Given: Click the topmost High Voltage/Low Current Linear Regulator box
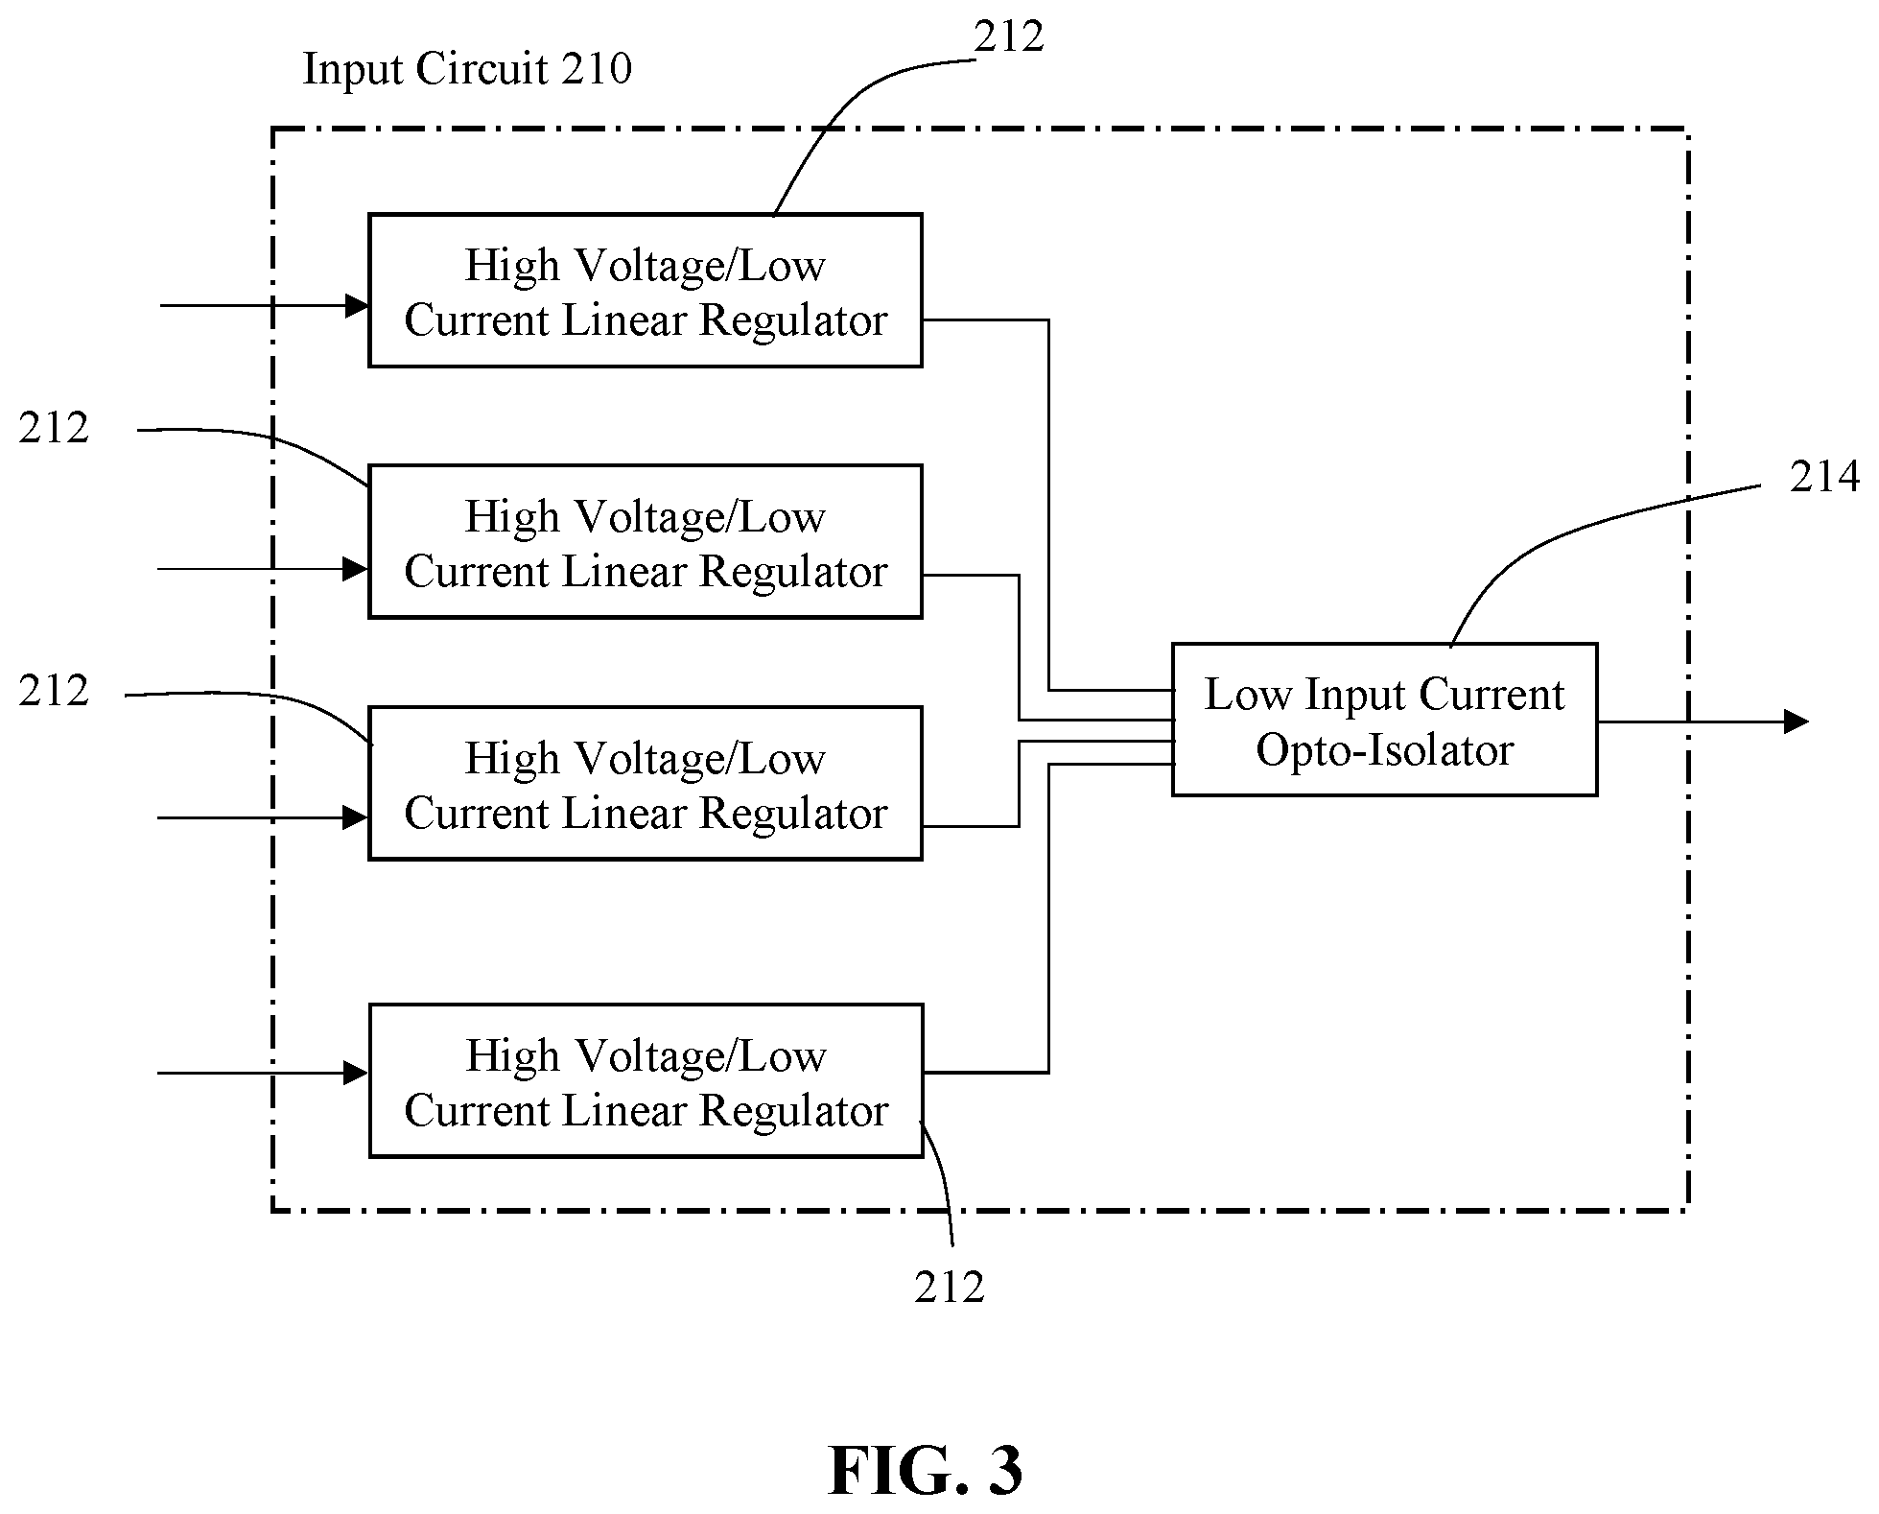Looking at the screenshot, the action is point(646,291).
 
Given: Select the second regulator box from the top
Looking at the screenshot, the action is point(646,542).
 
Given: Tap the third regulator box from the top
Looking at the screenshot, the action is point(646,784).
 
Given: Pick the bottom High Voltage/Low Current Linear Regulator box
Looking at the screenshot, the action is point(646,1081).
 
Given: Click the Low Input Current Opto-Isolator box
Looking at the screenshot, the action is point(1384,720).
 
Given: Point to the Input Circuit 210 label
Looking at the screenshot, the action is point(467,69).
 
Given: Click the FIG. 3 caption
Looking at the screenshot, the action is point(926,1471).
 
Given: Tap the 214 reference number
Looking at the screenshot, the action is point(1824,477).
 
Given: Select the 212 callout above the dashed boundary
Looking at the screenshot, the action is point(1009,36).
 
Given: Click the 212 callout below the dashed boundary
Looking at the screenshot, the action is point(950,1288).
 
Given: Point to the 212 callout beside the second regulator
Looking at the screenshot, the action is point(54,428).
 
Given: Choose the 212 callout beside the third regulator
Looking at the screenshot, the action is point(54,691).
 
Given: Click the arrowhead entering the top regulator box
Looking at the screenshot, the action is point(358,306).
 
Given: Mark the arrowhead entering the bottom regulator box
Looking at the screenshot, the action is point(357,1073).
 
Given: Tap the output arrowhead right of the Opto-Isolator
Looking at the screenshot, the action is point(1797,722).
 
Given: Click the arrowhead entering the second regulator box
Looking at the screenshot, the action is point(357,569).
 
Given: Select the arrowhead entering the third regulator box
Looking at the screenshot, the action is point(357,817).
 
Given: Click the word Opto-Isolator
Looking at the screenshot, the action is point(1384,750).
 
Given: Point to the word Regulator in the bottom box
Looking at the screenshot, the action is point(793,1112).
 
